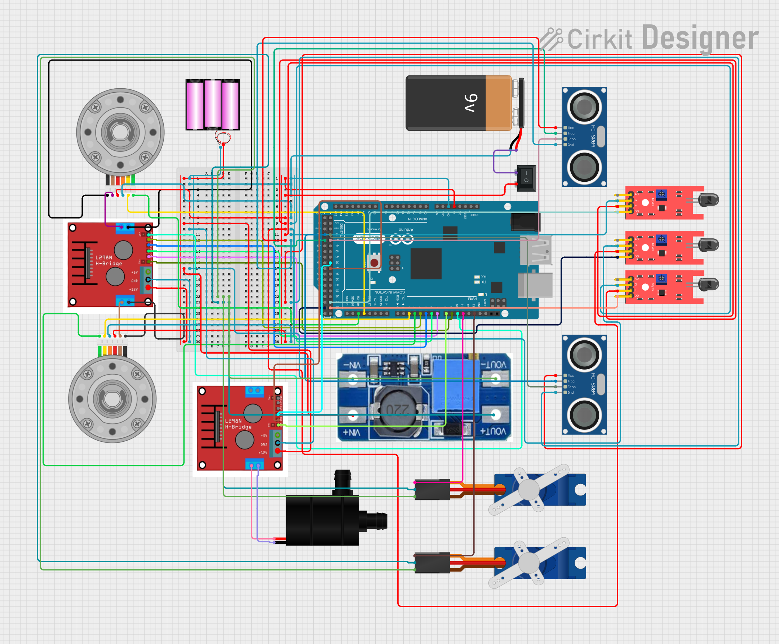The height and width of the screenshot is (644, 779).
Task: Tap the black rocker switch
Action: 526,178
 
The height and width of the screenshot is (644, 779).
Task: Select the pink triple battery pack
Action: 212,105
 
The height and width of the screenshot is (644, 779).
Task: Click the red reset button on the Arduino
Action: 374,263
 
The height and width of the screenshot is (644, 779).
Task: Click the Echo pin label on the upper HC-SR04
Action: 571,139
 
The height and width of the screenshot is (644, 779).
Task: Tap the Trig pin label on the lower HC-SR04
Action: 571,381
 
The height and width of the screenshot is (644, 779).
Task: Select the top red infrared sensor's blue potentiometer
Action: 661,194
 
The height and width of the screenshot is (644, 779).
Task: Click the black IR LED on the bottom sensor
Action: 708,284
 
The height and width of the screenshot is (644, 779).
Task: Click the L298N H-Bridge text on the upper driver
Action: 108,260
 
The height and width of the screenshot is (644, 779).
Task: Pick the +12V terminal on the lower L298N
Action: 277,451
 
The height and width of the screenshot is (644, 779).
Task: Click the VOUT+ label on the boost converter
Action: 493,431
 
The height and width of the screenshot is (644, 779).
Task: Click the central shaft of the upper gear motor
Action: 120,132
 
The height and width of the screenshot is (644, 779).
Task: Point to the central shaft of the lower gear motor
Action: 112,399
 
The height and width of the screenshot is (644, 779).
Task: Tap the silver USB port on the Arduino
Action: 536,251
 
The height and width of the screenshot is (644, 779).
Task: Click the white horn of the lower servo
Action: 529,563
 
